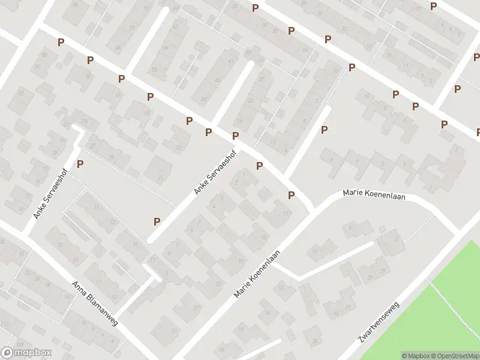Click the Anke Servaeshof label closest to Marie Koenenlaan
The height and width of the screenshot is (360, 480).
215,172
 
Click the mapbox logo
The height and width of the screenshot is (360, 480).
26,353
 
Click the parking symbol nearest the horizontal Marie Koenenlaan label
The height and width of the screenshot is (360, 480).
292,195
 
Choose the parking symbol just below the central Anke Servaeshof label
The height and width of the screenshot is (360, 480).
157,221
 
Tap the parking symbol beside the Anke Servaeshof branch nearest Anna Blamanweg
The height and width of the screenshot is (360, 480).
80,163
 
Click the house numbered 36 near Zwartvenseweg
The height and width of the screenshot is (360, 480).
316,343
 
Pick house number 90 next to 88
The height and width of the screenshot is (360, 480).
37,67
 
